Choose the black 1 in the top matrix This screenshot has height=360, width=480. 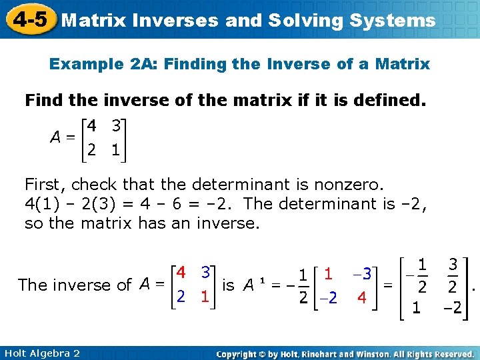[116, 151]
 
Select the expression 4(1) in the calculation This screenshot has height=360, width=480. [40, 203]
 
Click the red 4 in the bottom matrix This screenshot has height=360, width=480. [181, 273]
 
